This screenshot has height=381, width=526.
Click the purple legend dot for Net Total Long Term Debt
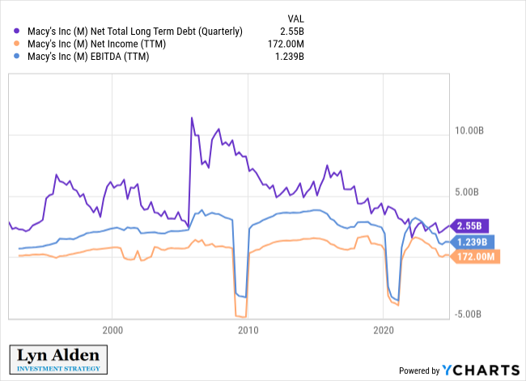click(18, 32)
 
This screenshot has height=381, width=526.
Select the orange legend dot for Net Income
click(18, 44)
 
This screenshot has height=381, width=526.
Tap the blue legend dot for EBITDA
click(18, 57)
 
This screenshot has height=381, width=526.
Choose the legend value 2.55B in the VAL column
click(291, 32)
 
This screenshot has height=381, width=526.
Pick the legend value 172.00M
click(285, 44)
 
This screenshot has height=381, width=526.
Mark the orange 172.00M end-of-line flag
click(476, 256)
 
